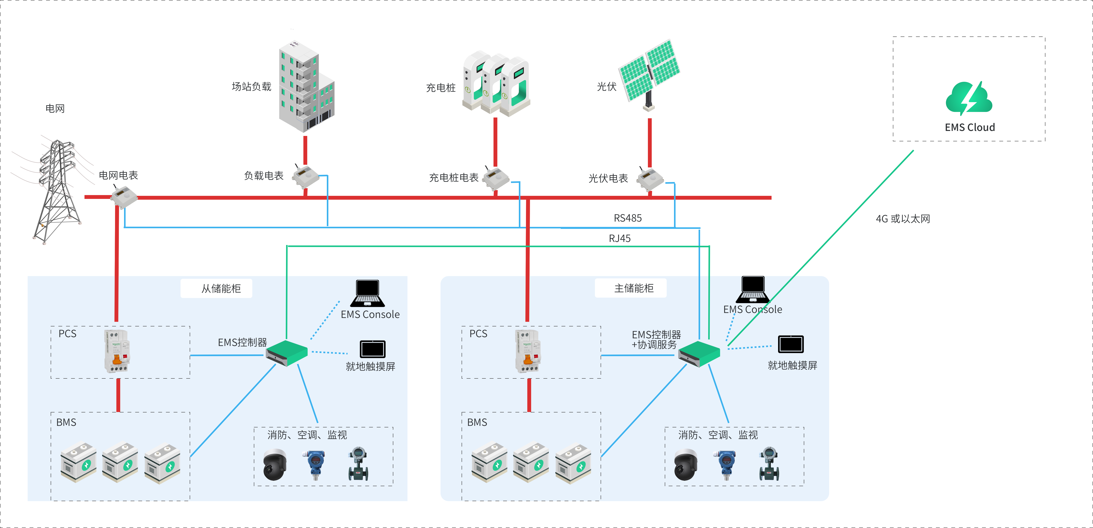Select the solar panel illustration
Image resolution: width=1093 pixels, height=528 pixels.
(x=649, y=72)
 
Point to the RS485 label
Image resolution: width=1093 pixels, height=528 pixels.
(x=628, y=218)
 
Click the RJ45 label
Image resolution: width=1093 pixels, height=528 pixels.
(x=619, y=238)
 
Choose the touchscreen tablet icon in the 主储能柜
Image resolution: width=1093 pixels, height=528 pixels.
(x=791, y=344)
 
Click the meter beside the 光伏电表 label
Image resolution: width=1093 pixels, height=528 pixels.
(x=650, y=179)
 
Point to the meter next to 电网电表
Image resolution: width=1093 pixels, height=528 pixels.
(x=124, y=198)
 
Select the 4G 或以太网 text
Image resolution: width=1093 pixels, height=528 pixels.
(x=903, y=219)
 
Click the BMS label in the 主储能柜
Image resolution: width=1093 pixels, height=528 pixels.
(x=477, y=422)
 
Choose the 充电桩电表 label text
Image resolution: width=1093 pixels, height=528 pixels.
(x=453, y=178)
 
